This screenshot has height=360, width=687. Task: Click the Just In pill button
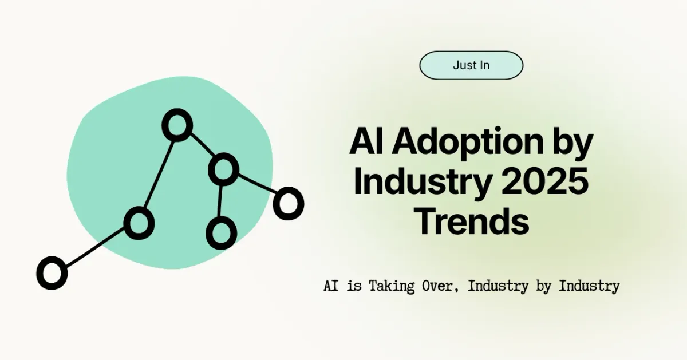[471, 65]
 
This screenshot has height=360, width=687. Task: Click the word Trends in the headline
[471, 221]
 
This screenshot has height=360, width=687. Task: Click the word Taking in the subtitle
[391, 286]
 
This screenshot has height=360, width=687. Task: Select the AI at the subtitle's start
[330, 286]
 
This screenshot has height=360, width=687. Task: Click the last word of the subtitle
[589, 286]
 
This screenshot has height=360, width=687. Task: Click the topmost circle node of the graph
[177, 125]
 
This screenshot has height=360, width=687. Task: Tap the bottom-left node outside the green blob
[52, 272]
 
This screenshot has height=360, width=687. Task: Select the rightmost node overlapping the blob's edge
[287, 203]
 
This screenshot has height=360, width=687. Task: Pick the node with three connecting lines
[223, 169]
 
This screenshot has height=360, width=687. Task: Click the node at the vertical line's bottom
[221, 233]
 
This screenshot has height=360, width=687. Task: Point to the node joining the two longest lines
[139, 223]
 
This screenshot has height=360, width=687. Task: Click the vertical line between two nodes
[222, 200]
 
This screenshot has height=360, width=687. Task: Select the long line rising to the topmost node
[158, 173]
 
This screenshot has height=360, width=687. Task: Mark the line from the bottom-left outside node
[94, 248]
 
